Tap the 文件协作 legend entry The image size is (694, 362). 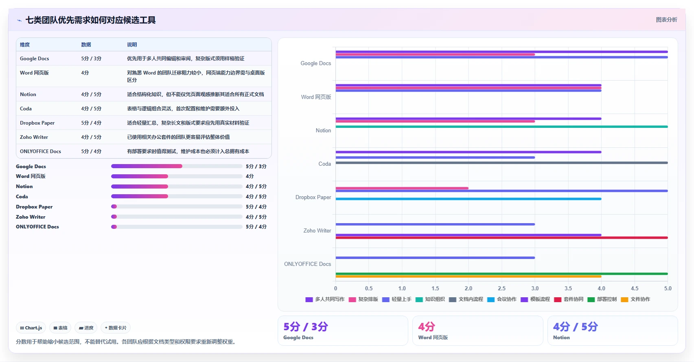tap(635, 299)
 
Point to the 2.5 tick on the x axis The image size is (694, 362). tap(501, 288)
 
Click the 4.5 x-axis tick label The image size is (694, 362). tap(635, 288)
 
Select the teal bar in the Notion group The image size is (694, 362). tap(501, 127)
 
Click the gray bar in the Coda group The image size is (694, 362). tap(501, 163)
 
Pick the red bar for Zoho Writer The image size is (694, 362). tap(501, 238)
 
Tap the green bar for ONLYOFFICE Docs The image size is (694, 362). tap(501, 274)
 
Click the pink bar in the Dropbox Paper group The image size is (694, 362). tap(402, 188)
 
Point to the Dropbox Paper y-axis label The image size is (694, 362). tap(313, 197)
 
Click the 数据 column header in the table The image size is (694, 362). tap(86, 45)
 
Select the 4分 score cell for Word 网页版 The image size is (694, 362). tap(85, 73)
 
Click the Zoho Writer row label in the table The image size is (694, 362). tap(34, 137)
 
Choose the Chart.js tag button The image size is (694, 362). tap(31, 328)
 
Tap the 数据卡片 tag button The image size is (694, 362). tap(116, 328)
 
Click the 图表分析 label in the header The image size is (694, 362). tap(666, 20)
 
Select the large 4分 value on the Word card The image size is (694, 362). tap(427, 327)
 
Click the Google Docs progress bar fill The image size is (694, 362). tap(147, 166)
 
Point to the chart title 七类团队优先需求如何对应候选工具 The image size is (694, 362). tap(90, 20)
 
